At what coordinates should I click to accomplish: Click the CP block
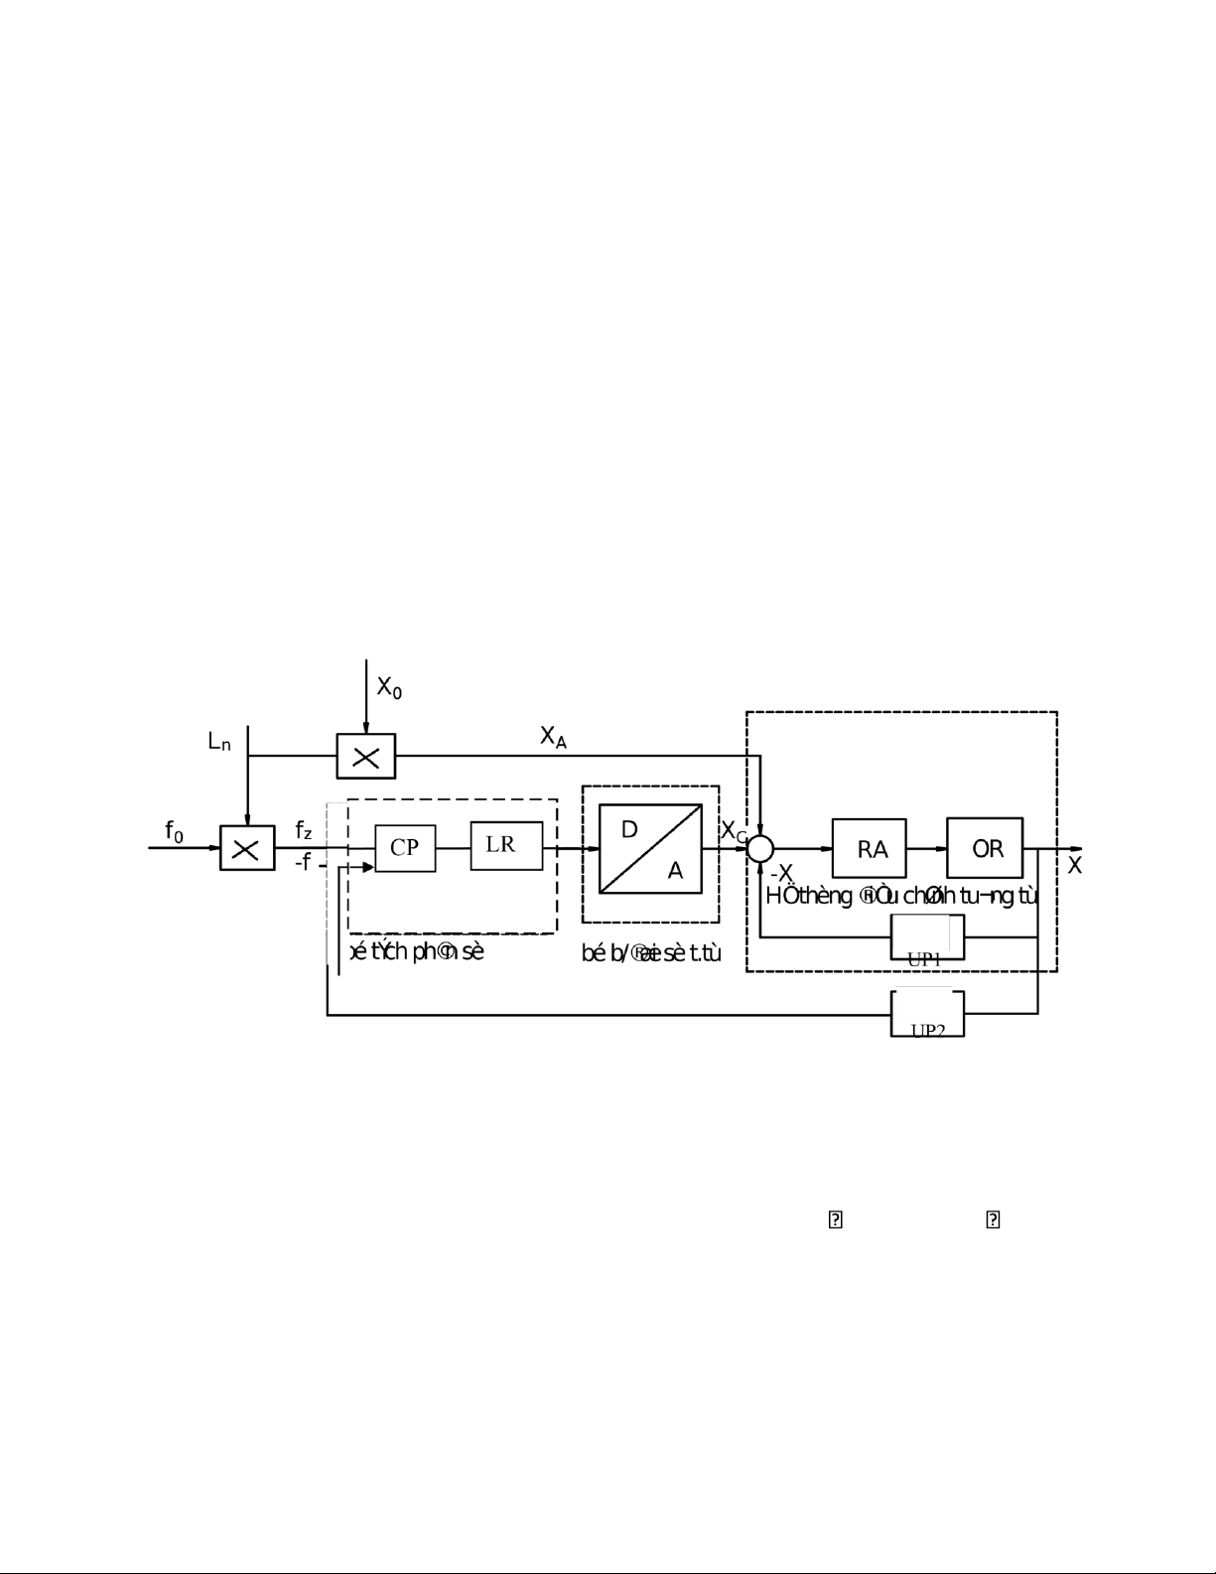click(405, 848)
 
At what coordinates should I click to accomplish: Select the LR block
click(506, 846)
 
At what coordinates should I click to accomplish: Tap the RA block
click(869, 848)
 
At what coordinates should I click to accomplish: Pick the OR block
click(985, 848)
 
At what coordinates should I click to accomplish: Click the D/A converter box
click(650, 849)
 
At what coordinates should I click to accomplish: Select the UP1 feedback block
click(927, 936)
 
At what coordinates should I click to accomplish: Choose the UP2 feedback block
click(927, 1013)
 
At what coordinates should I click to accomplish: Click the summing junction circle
click(760, 848)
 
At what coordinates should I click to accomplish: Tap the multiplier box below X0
click(365, 757)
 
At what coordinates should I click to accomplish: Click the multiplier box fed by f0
click(247, 848)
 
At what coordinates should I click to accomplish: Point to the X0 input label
click(388, 687)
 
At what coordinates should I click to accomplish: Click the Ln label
click(219, 742)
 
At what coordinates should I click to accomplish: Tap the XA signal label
click(553, 737)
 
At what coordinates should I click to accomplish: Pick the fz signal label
click(303, 830)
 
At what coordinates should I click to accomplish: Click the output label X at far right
click(1074, 866)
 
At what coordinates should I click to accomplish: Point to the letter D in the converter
click(628, 829)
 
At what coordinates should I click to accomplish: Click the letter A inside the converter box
click(675, 871)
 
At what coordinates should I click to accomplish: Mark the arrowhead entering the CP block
click(368, 867)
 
